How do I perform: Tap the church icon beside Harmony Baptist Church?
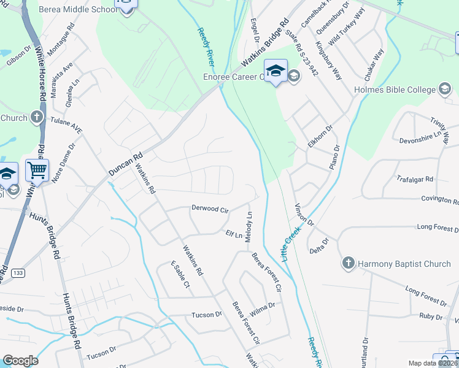click(x=348, y=264)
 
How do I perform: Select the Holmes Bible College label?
click(x=394, y=90)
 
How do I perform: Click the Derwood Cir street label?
click(x=209, y=209)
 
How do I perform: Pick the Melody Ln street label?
click(x=249, y=227)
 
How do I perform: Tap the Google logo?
click(x=20, y=361)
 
